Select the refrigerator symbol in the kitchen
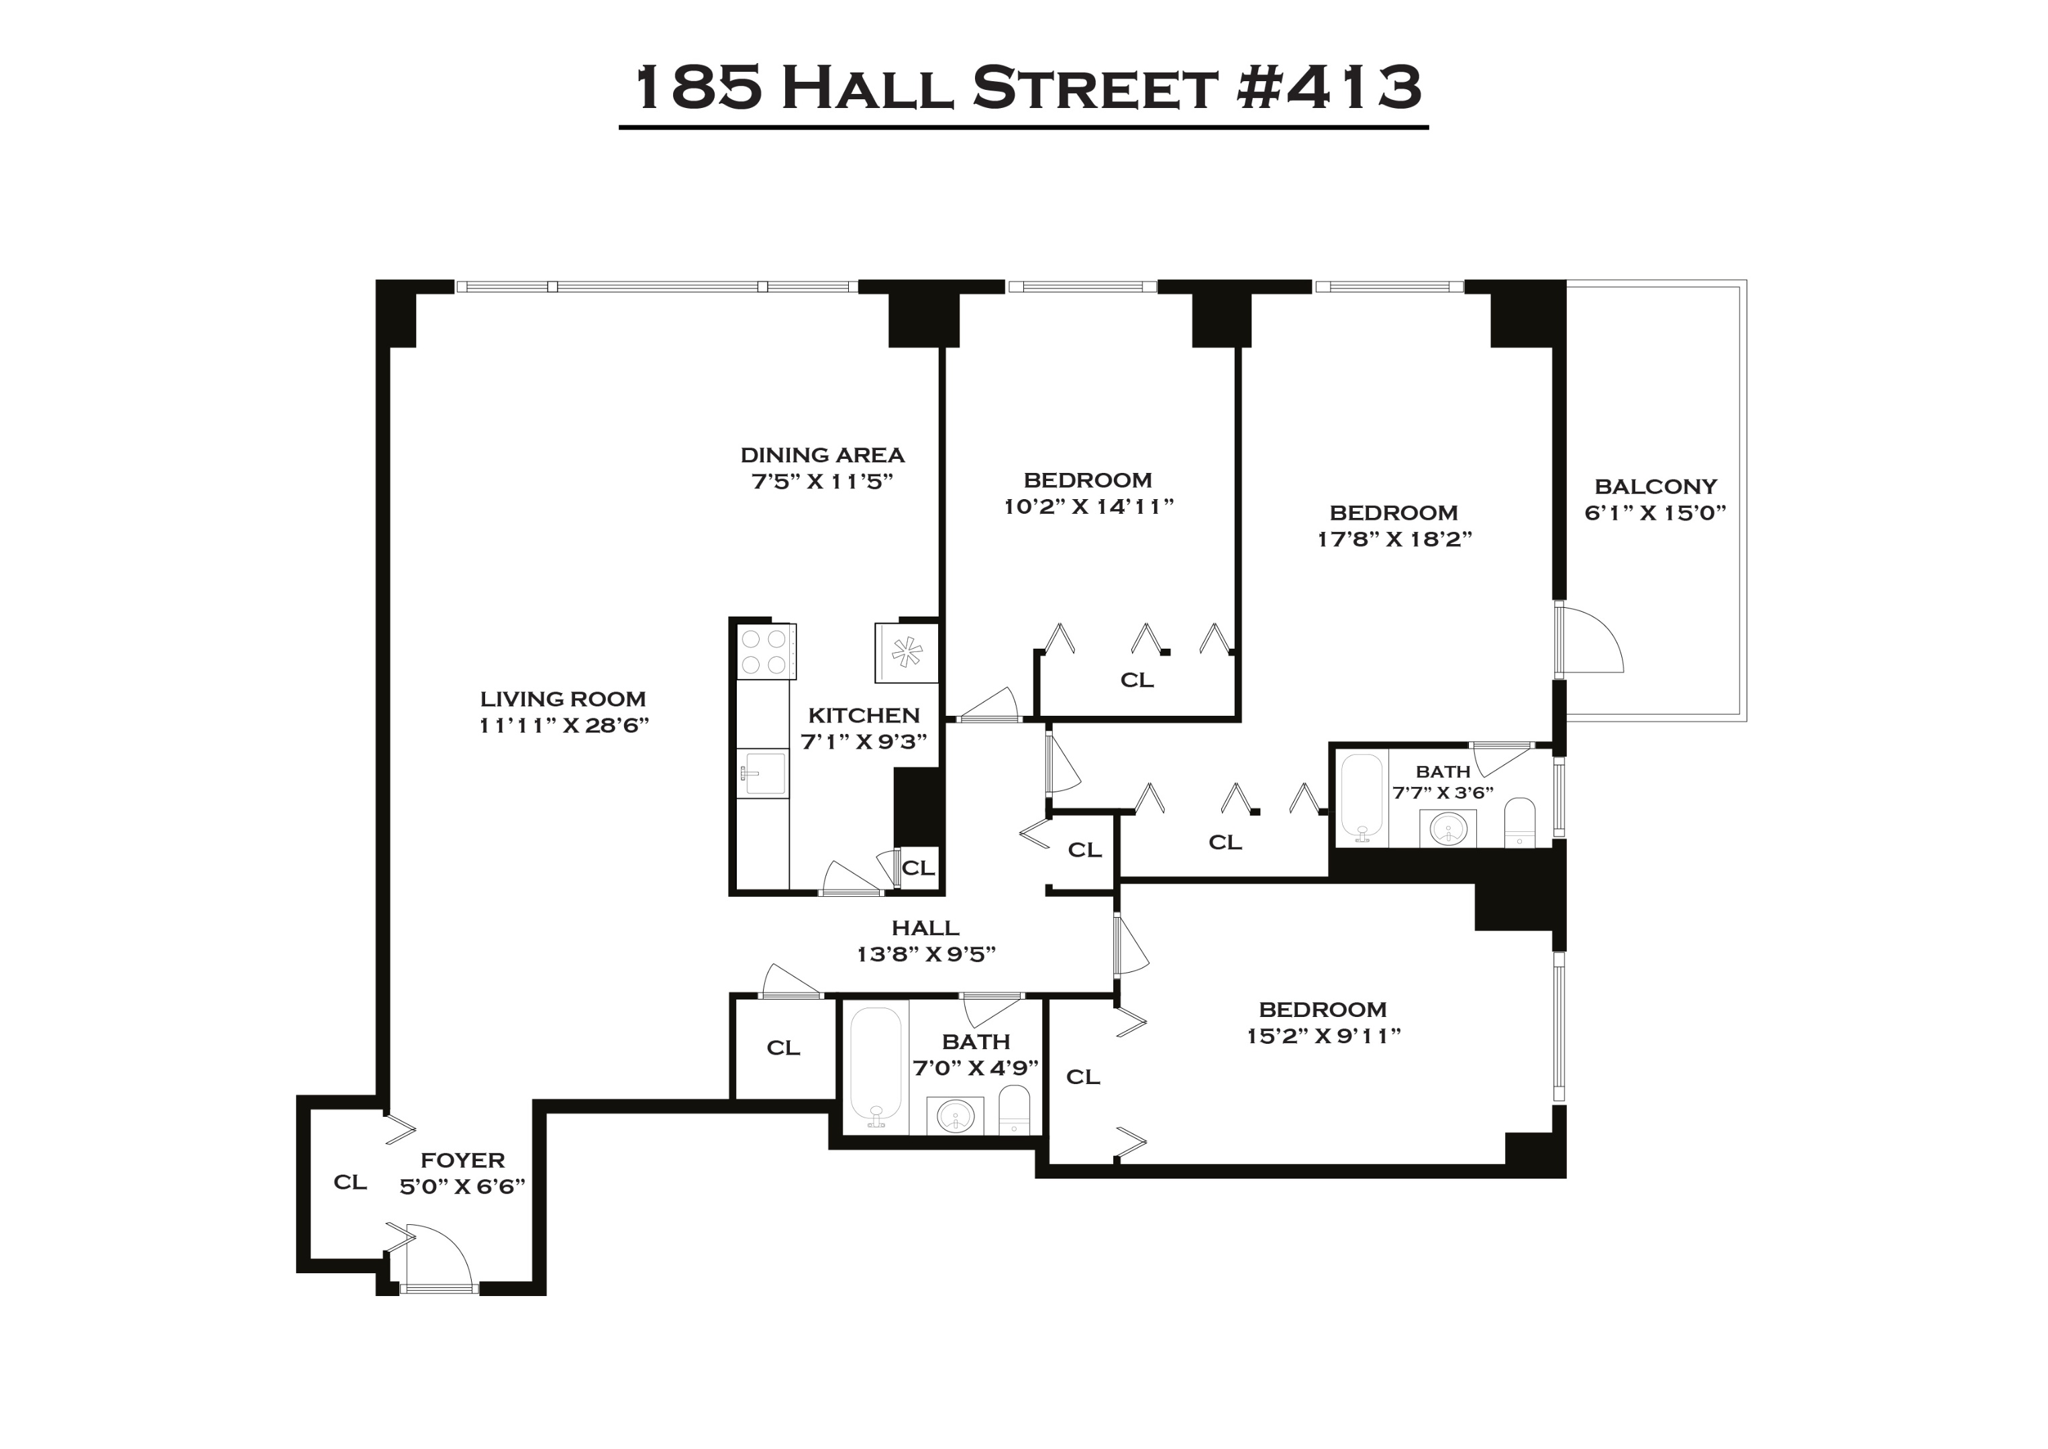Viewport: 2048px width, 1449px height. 907,652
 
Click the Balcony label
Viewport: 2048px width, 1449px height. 1655,486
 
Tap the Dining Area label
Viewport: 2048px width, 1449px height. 822,455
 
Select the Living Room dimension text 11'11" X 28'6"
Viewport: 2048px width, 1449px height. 563,725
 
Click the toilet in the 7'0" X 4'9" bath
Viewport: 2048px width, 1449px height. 1014,1109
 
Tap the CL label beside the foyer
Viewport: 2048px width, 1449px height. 350,1182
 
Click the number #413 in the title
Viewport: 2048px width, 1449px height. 1329,87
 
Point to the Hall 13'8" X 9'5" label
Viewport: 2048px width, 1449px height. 925,941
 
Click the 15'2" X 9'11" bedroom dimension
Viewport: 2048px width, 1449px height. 1323,1036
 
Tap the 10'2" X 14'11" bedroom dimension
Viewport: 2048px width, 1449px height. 1088,506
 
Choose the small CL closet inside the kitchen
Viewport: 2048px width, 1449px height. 918,867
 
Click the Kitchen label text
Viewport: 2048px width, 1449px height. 864,716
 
